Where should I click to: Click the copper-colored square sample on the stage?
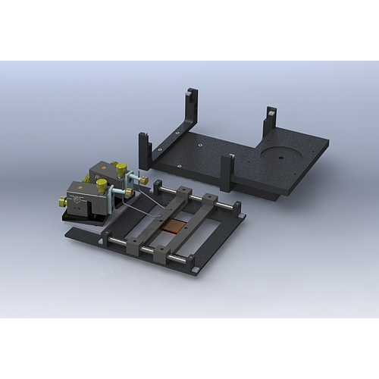click(177, 224)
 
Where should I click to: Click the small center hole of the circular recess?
click(280, 158)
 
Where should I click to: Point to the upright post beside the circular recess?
click(269, 121)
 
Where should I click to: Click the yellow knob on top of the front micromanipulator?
click(102, 185)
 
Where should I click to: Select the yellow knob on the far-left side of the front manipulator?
click(63, 202)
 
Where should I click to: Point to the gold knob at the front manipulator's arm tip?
click(130, 194)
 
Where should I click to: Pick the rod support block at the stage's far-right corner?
click(236, 206)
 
